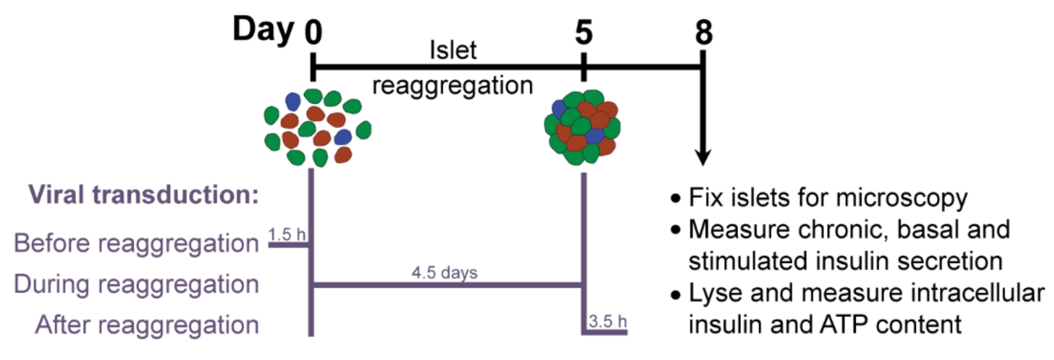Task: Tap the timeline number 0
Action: tap(313, 32)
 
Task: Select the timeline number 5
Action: tap(583, 32)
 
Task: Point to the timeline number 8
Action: tap(703, 32)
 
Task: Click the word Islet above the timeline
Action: tap(453, 50)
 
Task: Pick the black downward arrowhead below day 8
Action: tap(703, 158)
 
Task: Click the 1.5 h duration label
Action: tap(286, 235)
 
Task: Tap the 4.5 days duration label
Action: tap(444, 272)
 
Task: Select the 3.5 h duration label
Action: tap(607, 321)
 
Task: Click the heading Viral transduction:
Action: tap(143, 195)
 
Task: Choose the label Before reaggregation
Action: tap(136, 243)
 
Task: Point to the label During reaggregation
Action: tap(136, 284)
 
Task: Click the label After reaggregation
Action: tap(147, 325)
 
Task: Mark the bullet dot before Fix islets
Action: tap(675, 199)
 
